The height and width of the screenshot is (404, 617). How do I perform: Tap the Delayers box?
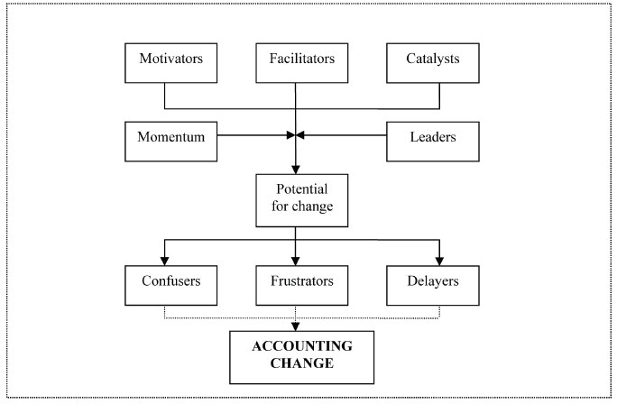coord(438,280)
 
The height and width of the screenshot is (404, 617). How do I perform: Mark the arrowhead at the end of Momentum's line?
coord(290,137)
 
